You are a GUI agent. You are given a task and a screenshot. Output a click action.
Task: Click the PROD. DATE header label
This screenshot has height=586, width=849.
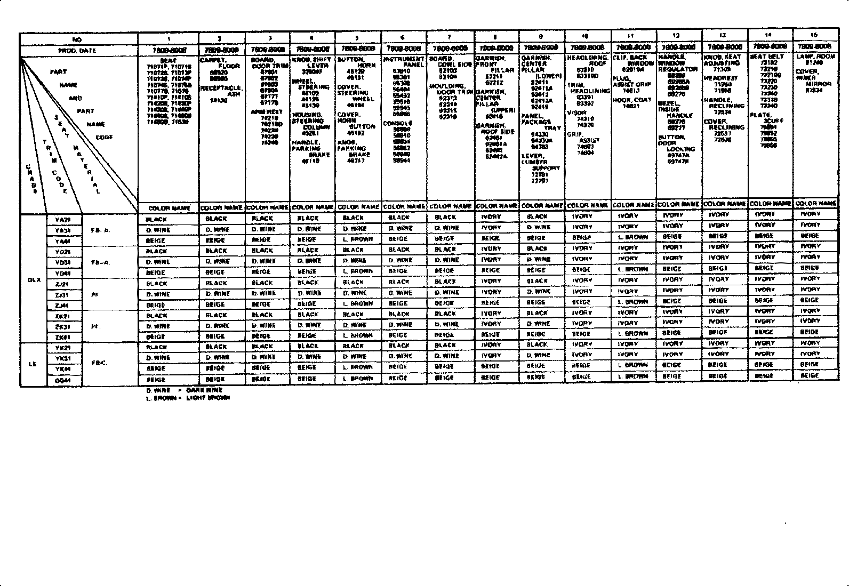(77, 51)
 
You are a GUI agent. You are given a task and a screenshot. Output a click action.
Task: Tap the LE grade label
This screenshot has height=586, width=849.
(33, 365)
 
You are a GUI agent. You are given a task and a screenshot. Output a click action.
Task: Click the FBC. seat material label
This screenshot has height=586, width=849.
(99, 363)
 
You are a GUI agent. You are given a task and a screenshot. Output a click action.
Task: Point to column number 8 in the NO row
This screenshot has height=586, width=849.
(495, 37)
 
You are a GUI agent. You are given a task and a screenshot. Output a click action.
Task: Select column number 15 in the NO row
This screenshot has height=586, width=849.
(814, 35)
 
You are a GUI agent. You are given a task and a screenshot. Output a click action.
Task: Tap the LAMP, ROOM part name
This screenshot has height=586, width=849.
(815, 56)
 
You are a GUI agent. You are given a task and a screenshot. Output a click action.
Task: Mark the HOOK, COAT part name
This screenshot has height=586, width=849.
(631, 100)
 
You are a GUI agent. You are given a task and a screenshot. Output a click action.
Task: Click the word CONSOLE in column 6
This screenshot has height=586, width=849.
(397, 123)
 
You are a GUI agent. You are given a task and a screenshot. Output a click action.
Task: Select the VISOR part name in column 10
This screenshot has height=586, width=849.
(576, 113)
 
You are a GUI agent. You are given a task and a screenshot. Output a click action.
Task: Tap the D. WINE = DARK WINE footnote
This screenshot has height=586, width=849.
(184, 390)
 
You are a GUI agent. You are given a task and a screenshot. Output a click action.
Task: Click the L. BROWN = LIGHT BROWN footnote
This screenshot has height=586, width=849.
(188, 398)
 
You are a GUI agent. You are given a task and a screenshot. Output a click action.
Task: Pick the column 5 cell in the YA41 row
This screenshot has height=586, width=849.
(357, 239)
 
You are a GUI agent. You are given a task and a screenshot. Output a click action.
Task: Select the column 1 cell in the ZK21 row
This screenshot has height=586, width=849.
(156, 316)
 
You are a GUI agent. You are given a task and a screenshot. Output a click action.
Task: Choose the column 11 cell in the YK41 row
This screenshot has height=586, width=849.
(632, 365)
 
